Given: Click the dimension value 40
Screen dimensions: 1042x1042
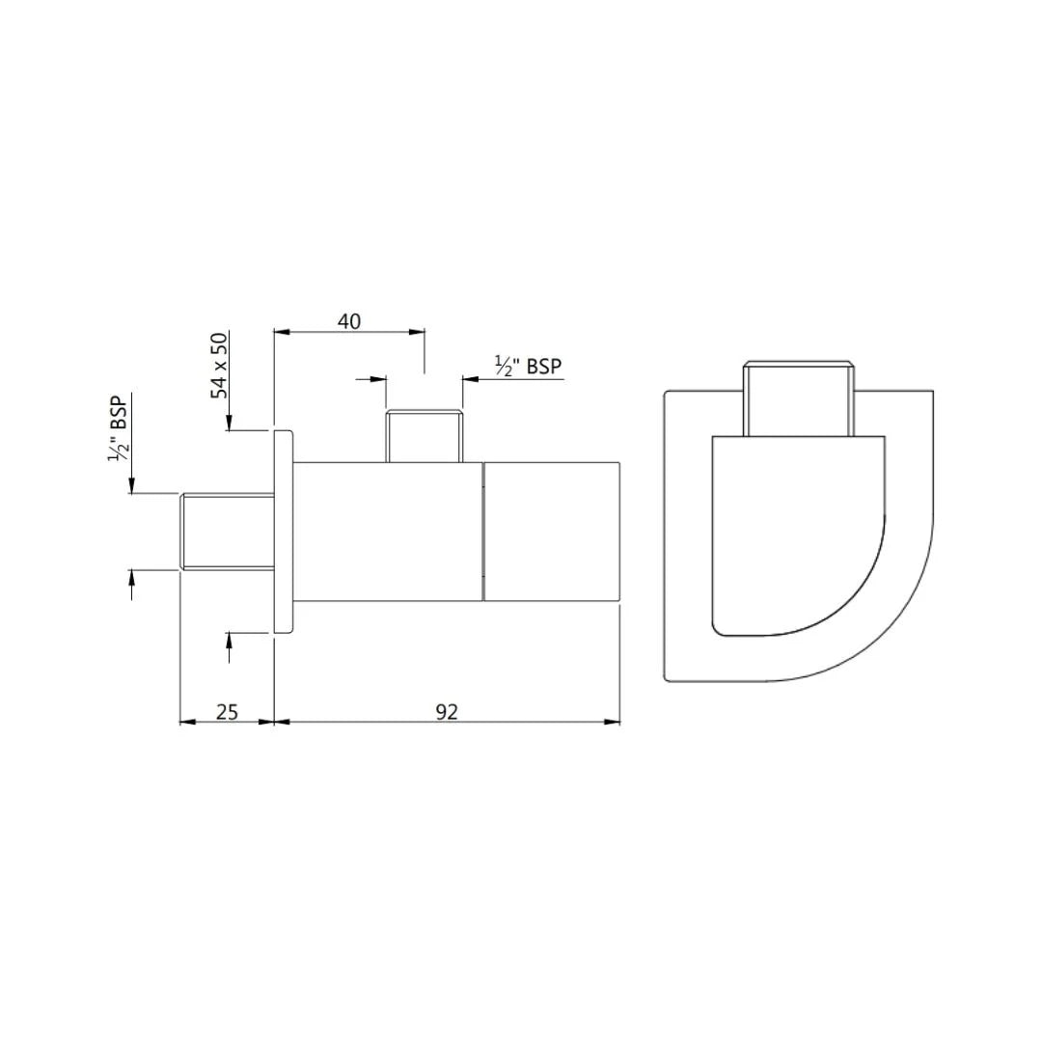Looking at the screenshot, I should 349,321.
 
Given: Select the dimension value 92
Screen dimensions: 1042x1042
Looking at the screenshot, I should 446,711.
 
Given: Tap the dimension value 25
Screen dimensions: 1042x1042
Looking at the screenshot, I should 227,711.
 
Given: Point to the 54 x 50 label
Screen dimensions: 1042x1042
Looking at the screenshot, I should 221,366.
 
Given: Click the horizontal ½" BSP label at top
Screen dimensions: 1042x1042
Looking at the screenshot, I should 528,366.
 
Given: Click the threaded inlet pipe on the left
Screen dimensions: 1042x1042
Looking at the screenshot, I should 228,531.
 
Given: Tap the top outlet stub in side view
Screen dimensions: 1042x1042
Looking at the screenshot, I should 425,436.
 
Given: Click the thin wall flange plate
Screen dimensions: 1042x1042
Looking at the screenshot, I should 283,531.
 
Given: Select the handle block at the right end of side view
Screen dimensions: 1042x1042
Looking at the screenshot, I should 551,531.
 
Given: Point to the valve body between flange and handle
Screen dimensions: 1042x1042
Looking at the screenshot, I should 387,531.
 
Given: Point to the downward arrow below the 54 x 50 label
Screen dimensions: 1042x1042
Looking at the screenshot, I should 229,423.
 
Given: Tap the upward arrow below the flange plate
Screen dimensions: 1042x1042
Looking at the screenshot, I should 229,641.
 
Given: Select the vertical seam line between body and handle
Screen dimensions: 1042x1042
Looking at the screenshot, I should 482,531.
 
